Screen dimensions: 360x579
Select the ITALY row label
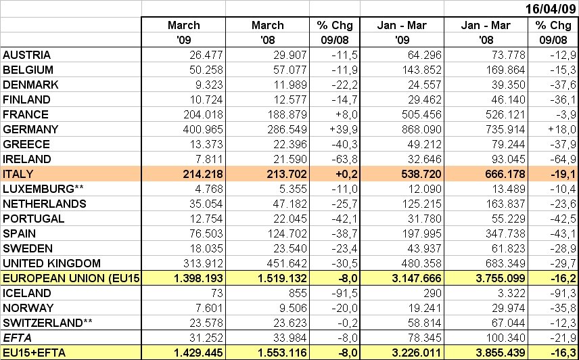point(18,174)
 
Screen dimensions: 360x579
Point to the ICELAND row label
point(27,293)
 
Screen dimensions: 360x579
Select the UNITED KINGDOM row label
point(52,263)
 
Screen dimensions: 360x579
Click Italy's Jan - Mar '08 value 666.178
point(501,174)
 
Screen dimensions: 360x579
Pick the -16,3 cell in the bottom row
point(559,353)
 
